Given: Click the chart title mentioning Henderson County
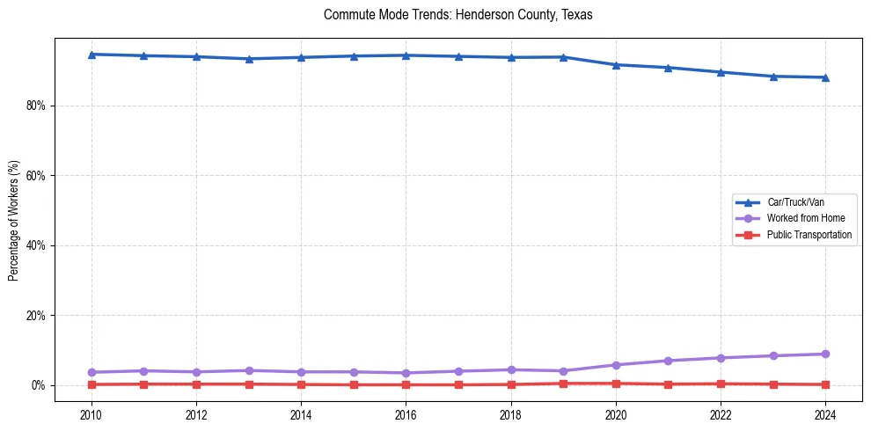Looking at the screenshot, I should [458, 15].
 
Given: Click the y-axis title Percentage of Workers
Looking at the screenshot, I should [13, 220].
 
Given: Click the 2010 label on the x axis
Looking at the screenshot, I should [91, 414].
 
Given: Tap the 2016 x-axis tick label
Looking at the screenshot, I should [406, 414].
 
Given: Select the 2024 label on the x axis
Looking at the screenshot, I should [825, 414].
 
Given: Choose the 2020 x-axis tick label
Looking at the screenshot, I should [616, 414].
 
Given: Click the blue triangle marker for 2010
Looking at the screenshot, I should [91, 55].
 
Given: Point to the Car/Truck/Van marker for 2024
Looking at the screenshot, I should [825, 77].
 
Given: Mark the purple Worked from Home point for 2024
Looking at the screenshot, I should [825, 354].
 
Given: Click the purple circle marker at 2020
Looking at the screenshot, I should [616, 365].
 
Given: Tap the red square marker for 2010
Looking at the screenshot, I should [91, 384].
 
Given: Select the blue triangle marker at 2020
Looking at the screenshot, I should [616, 65].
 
